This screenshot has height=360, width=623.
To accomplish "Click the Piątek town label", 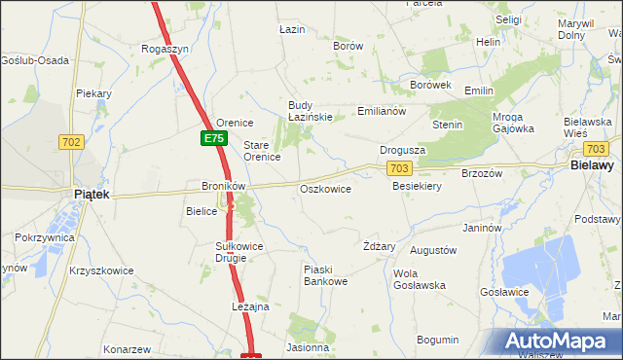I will coord(92,195).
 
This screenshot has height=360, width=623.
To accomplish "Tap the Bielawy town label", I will coord(590,167).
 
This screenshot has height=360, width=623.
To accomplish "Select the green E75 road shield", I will coord(214,139).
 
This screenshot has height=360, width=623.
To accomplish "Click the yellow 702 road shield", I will coord(71,142).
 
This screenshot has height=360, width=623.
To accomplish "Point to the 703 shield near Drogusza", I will coord(398,168).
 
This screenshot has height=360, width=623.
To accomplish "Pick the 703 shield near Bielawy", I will coord(597,149).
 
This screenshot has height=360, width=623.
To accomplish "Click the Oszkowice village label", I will coord(326,189).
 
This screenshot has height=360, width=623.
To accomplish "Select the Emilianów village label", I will coord(381,111).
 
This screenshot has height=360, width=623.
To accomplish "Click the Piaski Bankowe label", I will coord(325,275).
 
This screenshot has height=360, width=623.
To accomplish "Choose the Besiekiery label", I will coord(418,186).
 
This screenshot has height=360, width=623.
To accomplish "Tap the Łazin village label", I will coord(292,30).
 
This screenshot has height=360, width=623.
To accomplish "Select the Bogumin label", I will coord(437,340).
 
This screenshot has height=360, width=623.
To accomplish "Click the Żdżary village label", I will coord(379,246).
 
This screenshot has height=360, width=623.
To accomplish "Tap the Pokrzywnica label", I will coord(42,237).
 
